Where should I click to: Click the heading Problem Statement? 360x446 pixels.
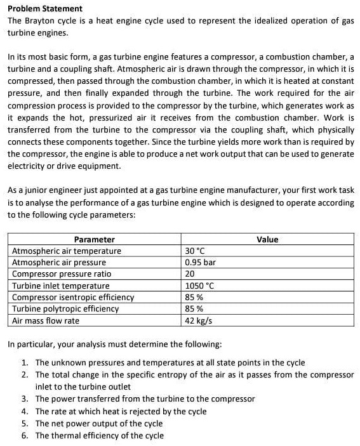[44, 8]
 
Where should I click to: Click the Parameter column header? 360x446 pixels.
[95, 239]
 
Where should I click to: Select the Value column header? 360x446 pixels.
[267, 239]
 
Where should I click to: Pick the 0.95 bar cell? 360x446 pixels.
[200, 262]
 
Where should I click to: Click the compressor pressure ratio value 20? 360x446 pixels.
[190, 273]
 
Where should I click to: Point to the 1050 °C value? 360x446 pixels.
[200, 285]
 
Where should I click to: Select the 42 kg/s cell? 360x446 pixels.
[198, 320]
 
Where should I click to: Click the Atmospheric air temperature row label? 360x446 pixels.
[67, 251]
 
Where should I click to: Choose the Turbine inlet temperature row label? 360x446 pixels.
[61, 285]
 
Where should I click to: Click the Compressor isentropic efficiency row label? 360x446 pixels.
[73, 297]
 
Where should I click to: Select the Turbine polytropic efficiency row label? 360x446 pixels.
[65, 308]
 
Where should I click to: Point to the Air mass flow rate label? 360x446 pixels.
[46, 320]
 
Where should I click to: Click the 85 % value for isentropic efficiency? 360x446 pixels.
[194, 297]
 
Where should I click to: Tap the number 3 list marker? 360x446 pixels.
[23, 399]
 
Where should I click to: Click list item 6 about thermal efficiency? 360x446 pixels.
[99, 435]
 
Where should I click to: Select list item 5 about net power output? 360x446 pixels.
[98, 423]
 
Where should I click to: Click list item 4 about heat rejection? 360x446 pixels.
[121, 411]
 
